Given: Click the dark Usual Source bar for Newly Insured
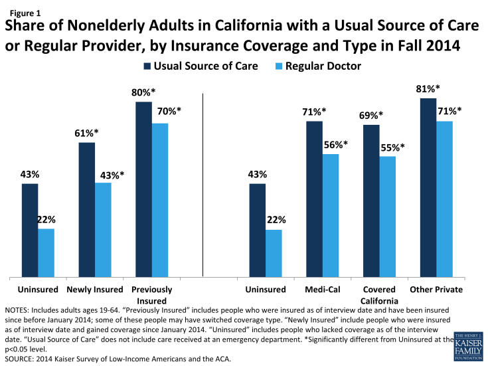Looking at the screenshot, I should [x=86, y=210].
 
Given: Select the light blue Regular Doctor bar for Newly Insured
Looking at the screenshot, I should [x=103, y=230].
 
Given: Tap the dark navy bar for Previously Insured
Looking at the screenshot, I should [x=143, y=190].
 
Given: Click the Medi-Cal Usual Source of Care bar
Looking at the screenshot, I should [x=314, y=199].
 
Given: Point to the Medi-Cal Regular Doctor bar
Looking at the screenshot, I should [x=331, y=216].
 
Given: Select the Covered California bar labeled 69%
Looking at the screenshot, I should [x=371, y=201].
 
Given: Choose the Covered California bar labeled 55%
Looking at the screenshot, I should [x=388, y=217].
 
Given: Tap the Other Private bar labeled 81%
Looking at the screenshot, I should [x=428, y=188].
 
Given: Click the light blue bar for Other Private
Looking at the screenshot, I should [x=445, y=199].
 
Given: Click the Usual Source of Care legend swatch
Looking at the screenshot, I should [x=145, y=66].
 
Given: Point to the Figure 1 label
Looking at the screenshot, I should [x=23, y=12].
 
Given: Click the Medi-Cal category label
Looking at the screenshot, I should [x=323, y=290].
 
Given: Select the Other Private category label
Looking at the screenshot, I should [x=436, y=290].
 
